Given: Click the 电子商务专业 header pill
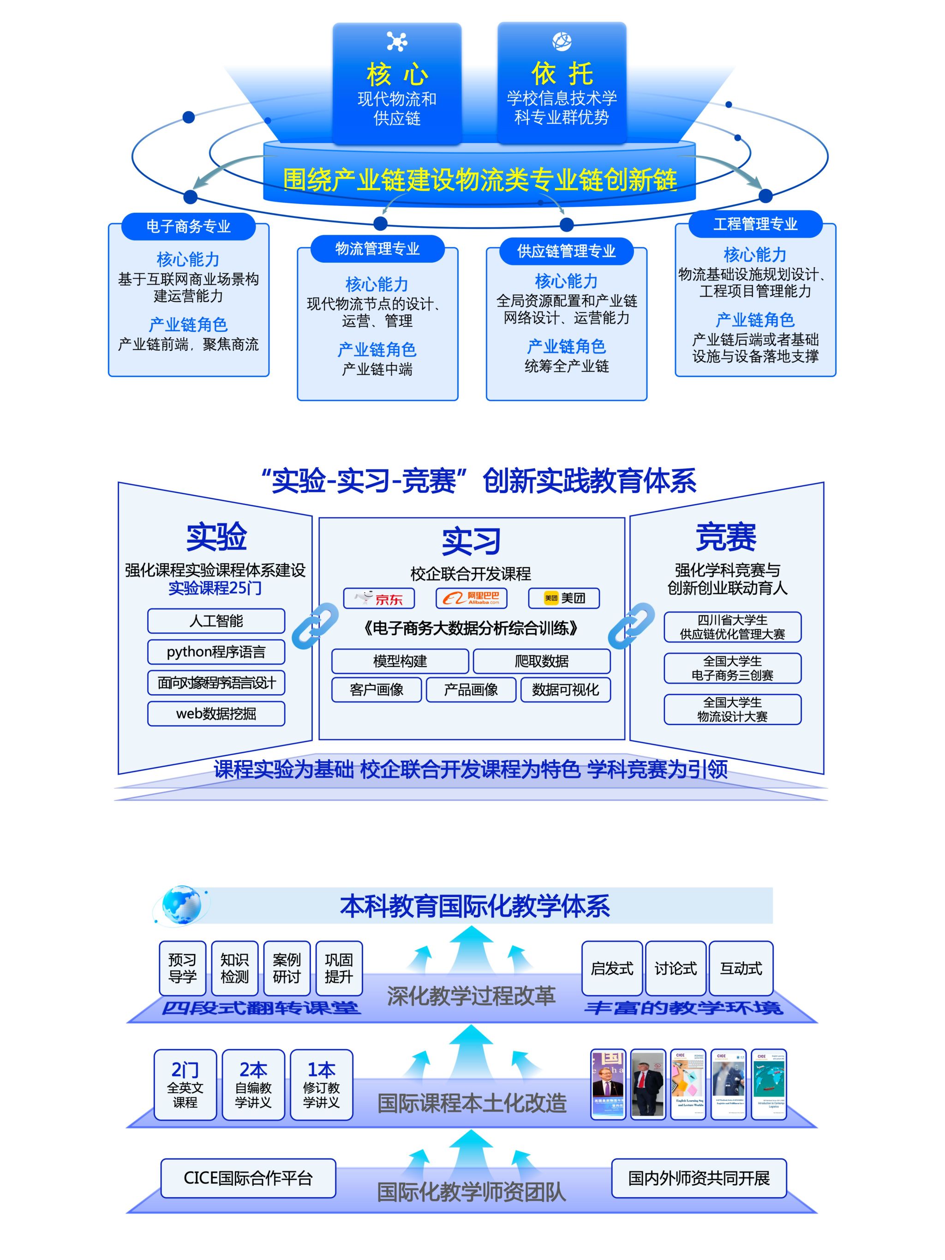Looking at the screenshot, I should [188, 227].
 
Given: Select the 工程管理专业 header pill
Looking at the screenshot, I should [755, 224].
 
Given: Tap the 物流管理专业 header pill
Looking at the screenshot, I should [377, 249].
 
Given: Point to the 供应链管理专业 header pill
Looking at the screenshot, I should [566, 251].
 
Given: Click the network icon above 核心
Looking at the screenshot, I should [396, 42].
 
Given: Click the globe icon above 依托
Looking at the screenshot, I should [562, 41].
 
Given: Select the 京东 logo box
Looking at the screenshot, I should [379, 598].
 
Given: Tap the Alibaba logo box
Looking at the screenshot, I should [471, 598].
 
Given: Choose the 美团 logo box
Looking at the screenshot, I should [563, 598].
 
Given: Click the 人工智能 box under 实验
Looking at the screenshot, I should [216, 621].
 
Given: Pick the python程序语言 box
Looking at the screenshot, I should [216, 652].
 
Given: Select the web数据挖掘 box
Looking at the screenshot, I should [216, 713].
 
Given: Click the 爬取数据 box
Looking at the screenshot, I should [541, 661].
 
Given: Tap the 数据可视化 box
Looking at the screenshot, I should [565, 690].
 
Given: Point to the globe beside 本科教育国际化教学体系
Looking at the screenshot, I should [181, 905].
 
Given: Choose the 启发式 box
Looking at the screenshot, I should [612, 968].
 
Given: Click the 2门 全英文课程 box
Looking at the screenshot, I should [185, 1085].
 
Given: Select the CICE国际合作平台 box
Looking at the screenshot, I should [248, 1177].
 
